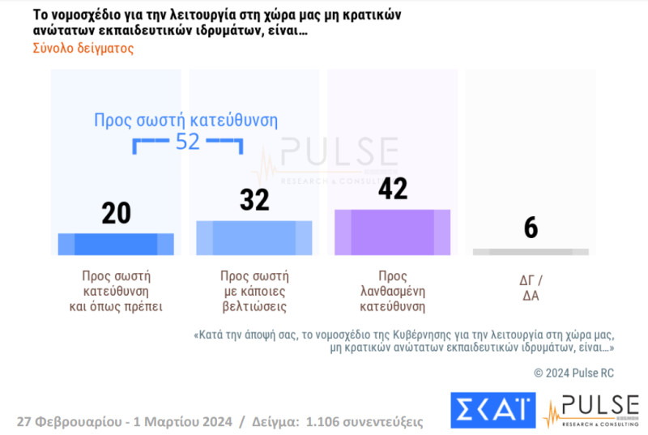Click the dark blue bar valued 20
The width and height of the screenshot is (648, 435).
(116, 244)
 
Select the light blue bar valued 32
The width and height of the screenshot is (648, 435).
(254, 238)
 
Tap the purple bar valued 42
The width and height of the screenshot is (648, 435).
(393, 232)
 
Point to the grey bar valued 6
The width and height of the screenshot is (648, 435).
(531, 252)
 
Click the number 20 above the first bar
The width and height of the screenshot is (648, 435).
(116, 212)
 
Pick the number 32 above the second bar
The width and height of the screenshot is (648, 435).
(254, 199)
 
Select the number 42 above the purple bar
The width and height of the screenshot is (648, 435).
(393, 189)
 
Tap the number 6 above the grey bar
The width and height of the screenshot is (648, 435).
(531, 228)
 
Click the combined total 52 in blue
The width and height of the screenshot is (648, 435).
(187, 142)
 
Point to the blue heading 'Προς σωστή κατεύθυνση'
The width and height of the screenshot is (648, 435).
(186, 121)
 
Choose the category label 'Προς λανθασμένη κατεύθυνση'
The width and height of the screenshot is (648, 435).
(393, 291)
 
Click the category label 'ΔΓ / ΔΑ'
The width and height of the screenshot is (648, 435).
(531, 288)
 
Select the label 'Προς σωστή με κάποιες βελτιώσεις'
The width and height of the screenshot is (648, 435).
(254, 291)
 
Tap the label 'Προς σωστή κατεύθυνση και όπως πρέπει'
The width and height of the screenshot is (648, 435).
(116, 291)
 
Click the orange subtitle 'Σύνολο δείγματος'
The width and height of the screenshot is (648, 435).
(83, 48)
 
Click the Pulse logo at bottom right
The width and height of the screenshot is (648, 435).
(591, 411)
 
